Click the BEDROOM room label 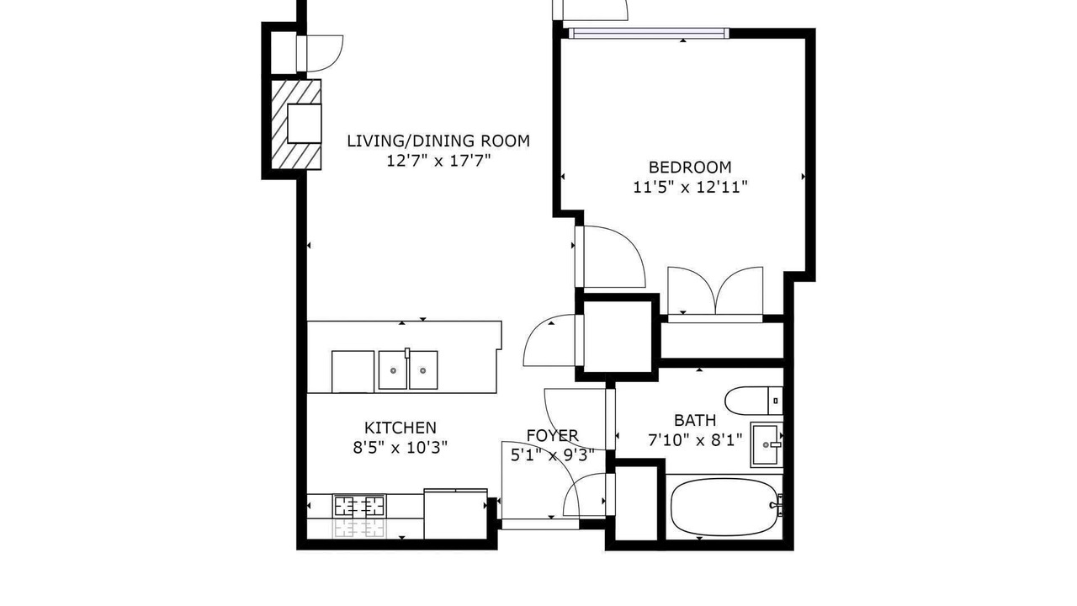[690, 167]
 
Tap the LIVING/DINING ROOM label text [438, 141]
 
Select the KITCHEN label [400, 428]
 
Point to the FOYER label [553, 435]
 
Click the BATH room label [695, 420]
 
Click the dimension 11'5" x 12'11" [690, 187]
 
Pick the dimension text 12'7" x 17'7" [438, 161]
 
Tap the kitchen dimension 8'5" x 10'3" [400, 448]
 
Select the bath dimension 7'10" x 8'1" [695, 439]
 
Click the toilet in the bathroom [753, 400]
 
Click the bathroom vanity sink [767, 444]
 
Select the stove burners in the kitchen [360, 507]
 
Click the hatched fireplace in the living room [296, 125]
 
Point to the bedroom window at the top [649, 33]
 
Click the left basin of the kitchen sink [393, 369]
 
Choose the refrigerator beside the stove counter [455, 514]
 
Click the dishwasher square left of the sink [353, 372]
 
